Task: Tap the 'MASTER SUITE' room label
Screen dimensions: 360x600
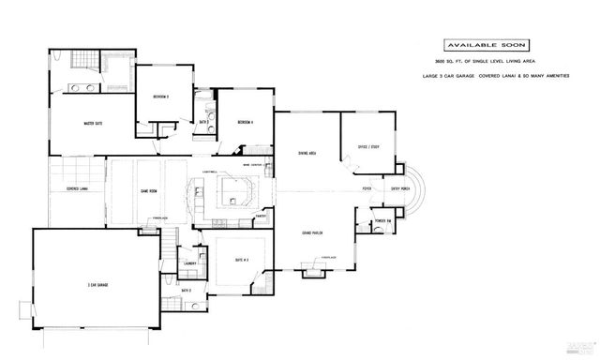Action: (92, 123)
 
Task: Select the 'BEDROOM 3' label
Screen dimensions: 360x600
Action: (160, 96)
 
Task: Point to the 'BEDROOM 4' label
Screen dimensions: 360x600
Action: (246, 122)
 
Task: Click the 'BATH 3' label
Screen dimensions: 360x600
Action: (202, 122)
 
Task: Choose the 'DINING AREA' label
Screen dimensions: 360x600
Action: (306, 152)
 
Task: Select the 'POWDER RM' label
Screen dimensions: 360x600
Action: (381, 222)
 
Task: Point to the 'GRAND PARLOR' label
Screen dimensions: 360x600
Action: (312, 232)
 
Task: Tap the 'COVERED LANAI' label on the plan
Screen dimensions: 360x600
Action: (78, 188)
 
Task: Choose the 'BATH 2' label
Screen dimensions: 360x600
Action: (186, 291)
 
